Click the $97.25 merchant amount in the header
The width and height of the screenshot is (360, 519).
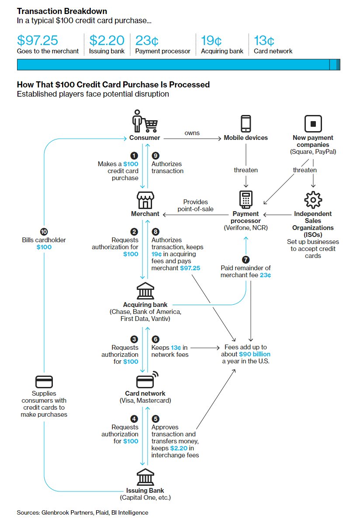pyautogui.click(x=38, y=41)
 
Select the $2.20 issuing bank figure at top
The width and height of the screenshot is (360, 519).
pyautogui.click(x=107, y=41)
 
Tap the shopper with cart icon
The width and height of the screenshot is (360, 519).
pyautogui.click(x=145, y=121)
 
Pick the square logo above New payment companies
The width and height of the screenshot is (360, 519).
pyautogui.click(x=312, y=124)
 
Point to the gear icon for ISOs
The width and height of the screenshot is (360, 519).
pyautogui.click(x=313, y=200)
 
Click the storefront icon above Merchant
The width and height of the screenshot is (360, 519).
pyautogui.click(x=145, y=201)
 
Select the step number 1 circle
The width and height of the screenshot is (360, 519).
pyautogui.click(x=134, y=156)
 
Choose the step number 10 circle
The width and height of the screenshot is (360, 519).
pyautogui.click(x=44, y=232)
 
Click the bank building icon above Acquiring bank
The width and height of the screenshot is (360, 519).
pyautogui.click(x=145, y=291)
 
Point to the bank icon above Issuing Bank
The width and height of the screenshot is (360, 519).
pyautogui.click(x=145, y=477)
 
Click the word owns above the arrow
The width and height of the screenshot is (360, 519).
pyautogui.click(x=192, y=132)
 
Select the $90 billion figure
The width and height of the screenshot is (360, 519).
pyautogui.click(x=255, y=354)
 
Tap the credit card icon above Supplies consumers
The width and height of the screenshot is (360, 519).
pyautogui.click(x=44, y=382)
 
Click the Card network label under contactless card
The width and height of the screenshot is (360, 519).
pyautogui.click(x=145, y=394)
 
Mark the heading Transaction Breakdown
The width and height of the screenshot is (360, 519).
pyautogui.click(x=62, y=11)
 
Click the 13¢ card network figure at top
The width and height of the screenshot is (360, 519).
pyautogui.click(x=264, y=41)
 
